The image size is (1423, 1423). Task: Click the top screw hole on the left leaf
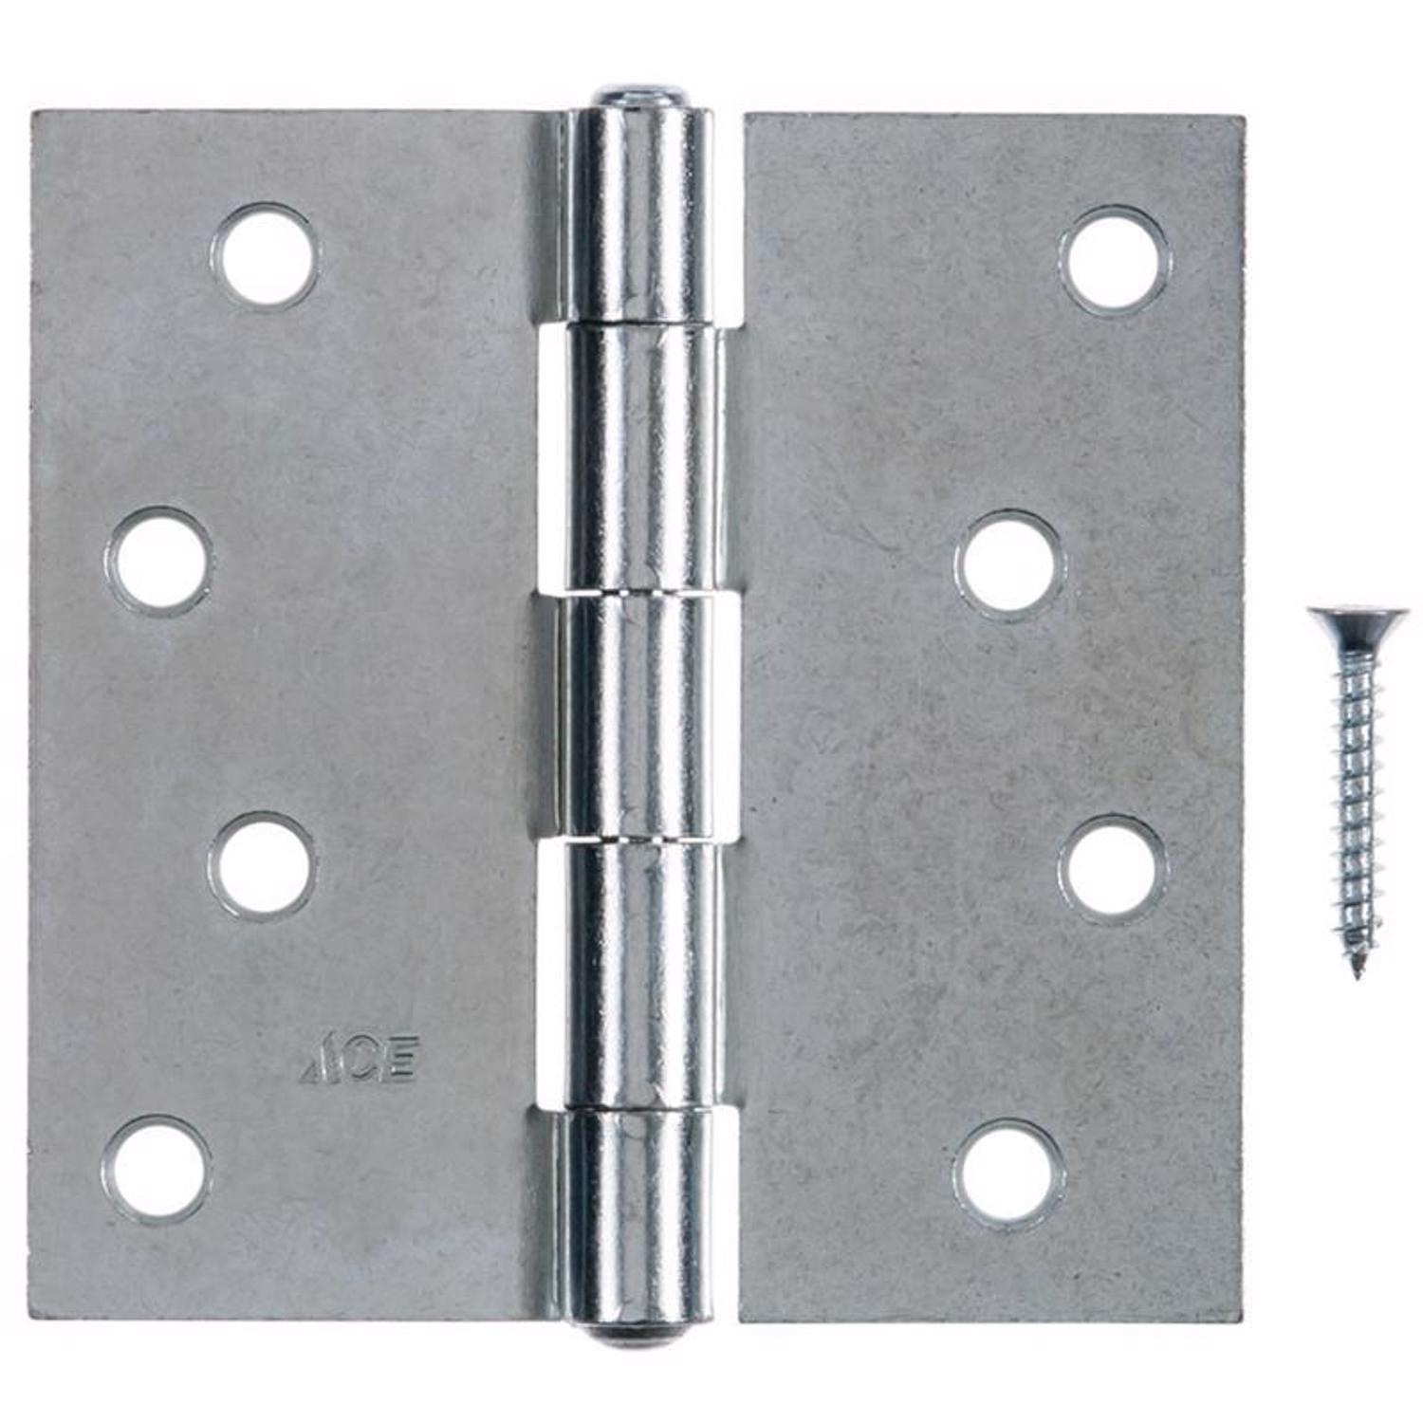click(266, 255)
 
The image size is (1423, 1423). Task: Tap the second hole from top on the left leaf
click(158, 561)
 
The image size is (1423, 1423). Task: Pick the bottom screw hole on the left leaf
click(156, 1167)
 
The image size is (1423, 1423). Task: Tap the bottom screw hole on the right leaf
click(1007, 1171)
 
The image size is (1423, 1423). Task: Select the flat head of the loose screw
click(1345, 625)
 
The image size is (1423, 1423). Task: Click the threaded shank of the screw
click(1352, 806)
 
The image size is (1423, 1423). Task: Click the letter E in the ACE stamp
click(399, 1063)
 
